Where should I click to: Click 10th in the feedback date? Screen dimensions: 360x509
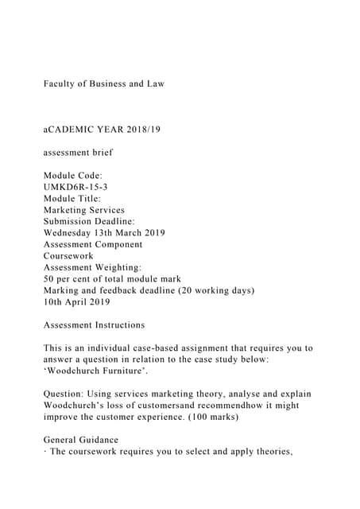56,303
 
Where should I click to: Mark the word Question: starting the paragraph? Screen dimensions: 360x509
68,394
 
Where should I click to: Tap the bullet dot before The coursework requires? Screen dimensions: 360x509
45,452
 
